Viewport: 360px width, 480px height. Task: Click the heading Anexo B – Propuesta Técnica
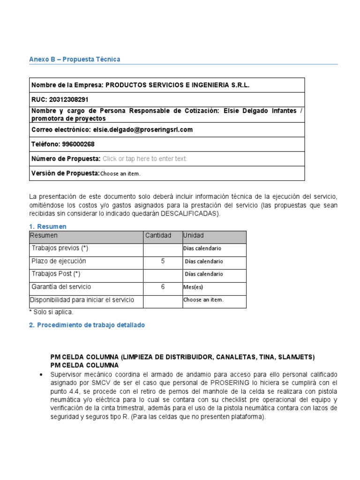click(x=75, y=60)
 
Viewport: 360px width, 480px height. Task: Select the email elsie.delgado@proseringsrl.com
click(x=143, y=130)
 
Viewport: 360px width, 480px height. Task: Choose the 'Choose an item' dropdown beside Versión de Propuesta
click(x=120, y=174)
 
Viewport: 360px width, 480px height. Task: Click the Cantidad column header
click(x=158, y=236)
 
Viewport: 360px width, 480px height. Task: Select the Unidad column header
click(x=194, y=236)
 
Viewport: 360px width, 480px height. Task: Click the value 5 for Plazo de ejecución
click(x=163, y=262)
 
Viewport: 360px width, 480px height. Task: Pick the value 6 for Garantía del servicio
click(x=163, y=287)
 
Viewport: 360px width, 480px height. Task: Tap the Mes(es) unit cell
click(x=194, y=287)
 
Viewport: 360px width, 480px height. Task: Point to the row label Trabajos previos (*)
click(x=60, y=248)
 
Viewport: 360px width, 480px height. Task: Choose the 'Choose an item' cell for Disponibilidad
click(x=203, y=300)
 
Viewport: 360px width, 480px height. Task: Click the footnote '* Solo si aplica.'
click(x=52, y=312)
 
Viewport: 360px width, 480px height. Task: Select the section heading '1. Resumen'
click(x=48, y=227)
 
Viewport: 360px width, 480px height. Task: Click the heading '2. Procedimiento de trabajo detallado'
click(x=87, y=325)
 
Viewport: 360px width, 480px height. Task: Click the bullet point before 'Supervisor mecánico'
click(x=42, y=375)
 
